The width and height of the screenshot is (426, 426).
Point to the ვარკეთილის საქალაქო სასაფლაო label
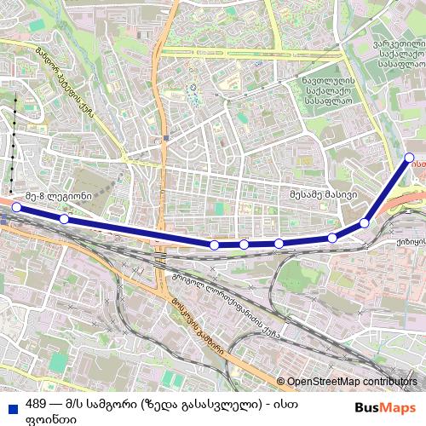pyautogui.click(x=400, y=51)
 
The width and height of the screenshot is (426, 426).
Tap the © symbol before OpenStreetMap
pyautogui.click(x=281, y=382)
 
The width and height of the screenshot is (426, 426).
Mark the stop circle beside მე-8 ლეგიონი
pyautogui.click(x=16, y=207)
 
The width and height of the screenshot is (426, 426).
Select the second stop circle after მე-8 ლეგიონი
pyautogui.click(x=214, y=245)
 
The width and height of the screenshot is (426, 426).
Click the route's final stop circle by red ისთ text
pyautogui.click(x=410, y=157)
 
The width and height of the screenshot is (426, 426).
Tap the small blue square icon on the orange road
pyautogui.click(x=166, y=137)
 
